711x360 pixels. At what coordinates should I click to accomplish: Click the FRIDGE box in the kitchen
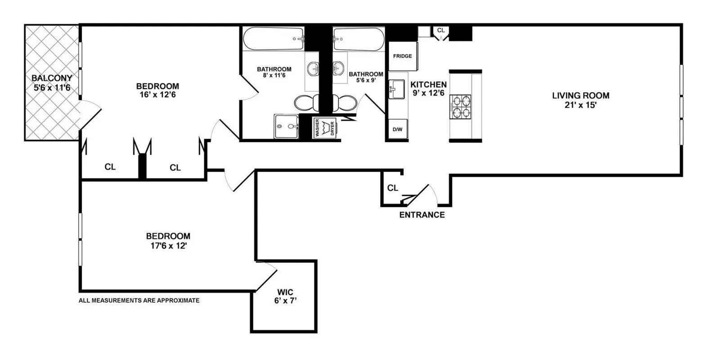click(x=403, y=56)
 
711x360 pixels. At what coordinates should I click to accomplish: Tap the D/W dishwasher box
click(x=397, y=130)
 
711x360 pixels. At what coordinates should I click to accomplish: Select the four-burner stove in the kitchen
click(x=460, y=106)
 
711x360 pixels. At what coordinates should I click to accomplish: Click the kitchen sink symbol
click(x=396, y=89)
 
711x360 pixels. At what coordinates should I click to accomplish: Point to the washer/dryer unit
click(x=325, y=128)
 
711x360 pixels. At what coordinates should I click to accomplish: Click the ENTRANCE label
click(x=422, y=215)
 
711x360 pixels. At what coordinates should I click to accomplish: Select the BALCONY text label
click(x=52, y=78)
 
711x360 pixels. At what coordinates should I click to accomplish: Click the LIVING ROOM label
click(x=580, y=96)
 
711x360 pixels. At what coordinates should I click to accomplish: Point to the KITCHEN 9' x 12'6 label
click(x=428, y=89)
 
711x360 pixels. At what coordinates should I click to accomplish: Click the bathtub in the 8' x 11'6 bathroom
click(x=273, y=39)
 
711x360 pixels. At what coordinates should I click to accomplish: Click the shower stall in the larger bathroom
click(x=286, y=126)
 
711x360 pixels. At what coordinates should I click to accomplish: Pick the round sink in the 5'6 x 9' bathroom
click(x=339, y=69)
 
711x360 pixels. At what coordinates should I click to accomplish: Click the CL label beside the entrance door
click(x=392, y=188)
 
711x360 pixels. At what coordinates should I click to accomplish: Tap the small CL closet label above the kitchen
click(x=441, y=30)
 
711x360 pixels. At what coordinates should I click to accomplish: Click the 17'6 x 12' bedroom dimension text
click(x=168, y=246)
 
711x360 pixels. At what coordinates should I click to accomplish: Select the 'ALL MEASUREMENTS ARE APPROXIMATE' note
click(x=139, y=300)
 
